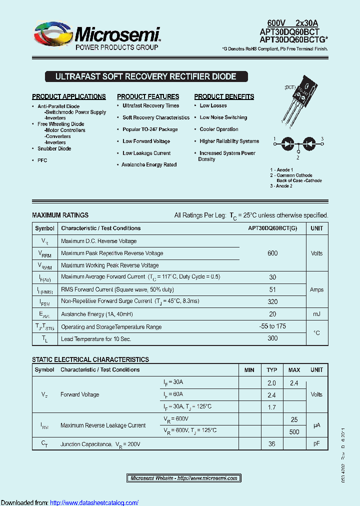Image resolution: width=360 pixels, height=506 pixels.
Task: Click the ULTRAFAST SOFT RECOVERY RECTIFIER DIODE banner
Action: tap(145, 77)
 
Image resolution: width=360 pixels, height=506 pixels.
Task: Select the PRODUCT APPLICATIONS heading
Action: tap(69, 96)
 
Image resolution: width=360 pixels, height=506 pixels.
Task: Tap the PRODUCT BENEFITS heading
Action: tap(224, 96)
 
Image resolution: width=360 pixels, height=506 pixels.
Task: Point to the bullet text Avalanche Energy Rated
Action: tap(149, 164)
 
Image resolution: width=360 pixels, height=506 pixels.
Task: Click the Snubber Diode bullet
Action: tap(54, 148)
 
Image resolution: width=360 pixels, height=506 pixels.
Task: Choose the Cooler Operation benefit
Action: tap(219, 129)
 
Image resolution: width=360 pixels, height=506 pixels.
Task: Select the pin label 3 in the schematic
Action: tap(322, 138)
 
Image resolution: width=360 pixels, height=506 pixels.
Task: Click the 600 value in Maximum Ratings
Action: tap(272, 253)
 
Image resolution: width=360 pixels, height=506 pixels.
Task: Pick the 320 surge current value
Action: tap(272, 301)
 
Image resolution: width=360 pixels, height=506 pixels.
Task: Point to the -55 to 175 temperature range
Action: tap(272, 326)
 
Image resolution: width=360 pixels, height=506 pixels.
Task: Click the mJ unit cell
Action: tap(316, 314)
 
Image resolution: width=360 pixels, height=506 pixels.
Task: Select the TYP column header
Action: tap(272, 370)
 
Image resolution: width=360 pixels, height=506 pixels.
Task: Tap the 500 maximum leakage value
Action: tap(294, 432)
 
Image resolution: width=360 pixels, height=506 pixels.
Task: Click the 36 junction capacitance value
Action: tap(272, 443)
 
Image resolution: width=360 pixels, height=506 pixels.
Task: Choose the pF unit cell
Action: tap(316, 443)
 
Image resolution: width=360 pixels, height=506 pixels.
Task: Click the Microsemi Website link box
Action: tap(183, 478)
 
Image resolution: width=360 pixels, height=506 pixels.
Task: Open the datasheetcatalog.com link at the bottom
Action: tap(94, 502)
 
